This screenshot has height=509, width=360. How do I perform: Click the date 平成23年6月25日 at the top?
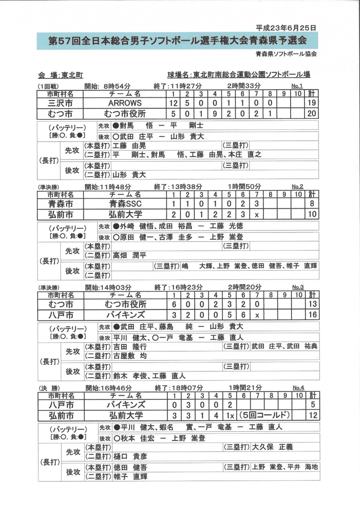[286, 28]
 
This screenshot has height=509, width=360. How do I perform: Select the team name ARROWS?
[125, 103]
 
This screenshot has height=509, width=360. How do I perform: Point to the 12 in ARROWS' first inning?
[173, 103]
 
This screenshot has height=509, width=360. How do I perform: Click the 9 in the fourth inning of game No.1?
[215, 113]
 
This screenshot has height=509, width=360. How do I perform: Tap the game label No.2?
[297, 187]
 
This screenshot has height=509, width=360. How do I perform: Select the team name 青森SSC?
[125, 204]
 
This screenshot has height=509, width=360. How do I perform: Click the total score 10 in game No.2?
[312, 214]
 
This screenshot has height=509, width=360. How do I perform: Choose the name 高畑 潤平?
[129, 255]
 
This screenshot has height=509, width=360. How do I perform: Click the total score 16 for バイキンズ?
[312, 315]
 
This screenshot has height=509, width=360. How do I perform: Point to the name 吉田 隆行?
[130, 347]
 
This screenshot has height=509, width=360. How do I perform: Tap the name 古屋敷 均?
[130, 356]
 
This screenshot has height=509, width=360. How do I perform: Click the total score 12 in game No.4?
[312, 416]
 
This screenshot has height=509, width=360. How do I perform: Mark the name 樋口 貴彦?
[130, 457]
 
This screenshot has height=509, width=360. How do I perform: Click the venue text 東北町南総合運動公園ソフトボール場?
[251, 74]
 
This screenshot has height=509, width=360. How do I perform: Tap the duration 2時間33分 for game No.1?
[244, 86]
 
